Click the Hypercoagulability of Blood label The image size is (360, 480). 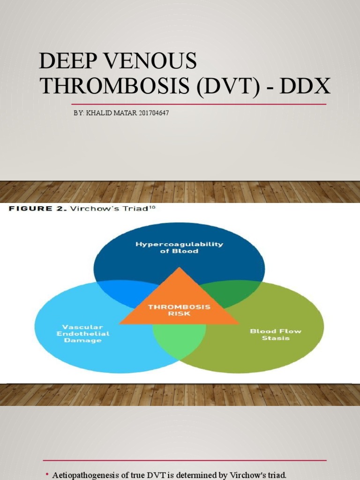(x=180, y=247)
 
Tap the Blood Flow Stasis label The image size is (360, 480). (x=276, y=334)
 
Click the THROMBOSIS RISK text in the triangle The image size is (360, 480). (x=179, y=310)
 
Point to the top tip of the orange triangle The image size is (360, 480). (x=179, y=268)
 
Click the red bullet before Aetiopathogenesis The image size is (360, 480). (x=47, y=474)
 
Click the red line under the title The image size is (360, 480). (x=198, y=104)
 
